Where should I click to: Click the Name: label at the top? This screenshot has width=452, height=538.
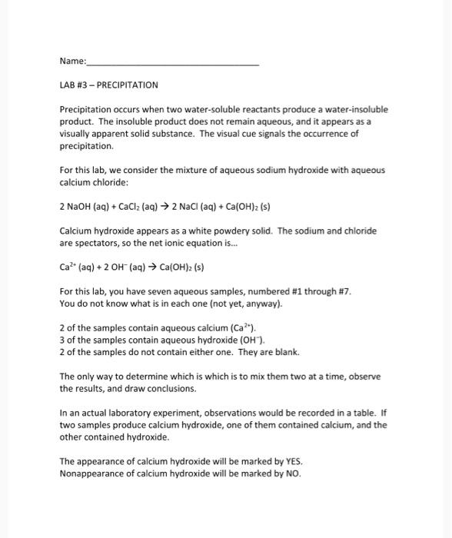(73, 61)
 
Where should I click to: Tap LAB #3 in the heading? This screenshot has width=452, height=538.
(75, 85)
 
